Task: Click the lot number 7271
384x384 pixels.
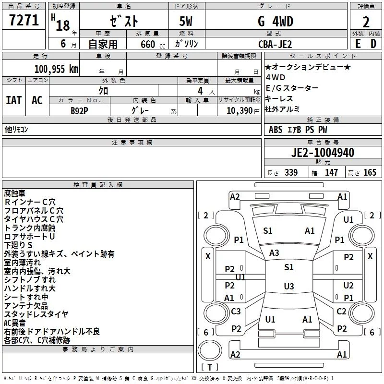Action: (24, 20)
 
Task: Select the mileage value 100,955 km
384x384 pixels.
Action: (56, 69)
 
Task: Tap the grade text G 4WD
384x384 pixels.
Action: (276, 21)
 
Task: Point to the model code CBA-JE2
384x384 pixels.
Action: (275, 44)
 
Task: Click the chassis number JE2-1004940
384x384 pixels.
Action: (323, 153)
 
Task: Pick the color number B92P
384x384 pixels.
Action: (79, 111)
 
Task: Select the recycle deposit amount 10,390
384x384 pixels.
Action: (240, 110)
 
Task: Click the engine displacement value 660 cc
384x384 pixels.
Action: (153, 44)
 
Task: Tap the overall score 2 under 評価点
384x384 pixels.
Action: (366, 22)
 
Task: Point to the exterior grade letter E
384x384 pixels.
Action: (358, 44)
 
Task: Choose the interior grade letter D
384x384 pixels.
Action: (373, 44)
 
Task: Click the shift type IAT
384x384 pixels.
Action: (14, 100)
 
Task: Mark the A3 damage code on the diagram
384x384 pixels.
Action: (274, 253)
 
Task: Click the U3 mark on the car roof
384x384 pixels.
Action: (289, 286)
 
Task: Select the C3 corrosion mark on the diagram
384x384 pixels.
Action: (236, 311)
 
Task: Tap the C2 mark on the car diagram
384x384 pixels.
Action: (341, 311)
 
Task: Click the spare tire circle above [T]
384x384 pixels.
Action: (210, 350)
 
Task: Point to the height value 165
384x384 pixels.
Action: (370, 172)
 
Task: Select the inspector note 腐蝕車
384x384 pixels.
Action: (15, 193)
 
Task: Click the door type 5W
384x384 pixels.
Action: (186, 21)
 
